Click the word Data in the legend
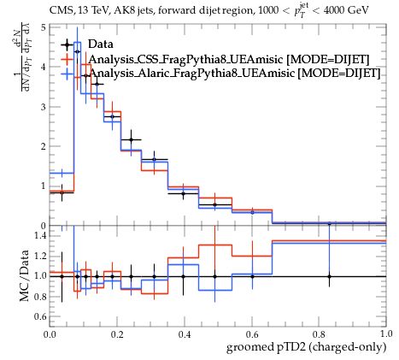(101, 44)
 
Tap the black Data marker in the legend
(67, 44)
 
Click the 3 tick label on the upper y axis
(43, 107)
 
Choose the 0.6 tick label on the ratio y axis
(40, 316)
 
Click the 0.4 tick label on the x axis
(185, 334)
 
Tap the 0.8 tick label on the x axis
(319, 334)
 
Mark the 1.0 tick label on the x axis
(386, 334)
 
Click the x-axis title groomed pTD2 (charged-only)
(306, 347)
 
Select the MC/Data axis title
(25, 276)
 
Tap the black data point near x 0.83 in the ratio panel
(330, 276)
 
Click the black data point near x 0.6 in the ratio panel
(252, 276)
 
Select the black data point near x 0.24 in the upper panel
(132, 139)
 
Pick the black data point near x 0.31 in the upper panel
(155, 159)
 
